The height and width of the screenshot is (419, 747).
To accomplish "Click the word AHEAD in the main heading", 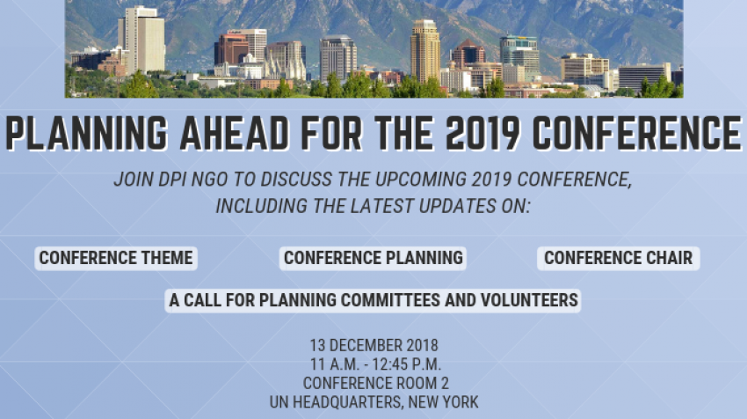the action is click(x=234, y=133).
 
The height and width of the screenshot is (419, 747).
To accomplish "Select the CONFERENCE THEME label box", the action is click(x=116, y=258).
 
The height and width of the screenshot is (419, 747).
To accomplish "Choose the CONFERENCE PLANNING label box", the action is click(x=373, y=258).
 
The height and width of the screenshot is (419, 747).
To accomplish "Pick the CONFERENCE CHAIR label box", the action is click(x=619, y=258).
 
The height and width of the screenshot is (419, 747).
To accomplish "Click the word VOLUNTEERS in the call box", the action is click(x=529, y=300).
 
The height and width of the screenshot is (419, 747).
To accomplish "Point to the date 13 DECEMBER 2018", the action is click(x=374, y=345).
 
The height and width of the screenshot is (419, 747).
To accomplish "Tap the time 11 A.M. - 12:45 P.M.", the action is click(x=375, y=364).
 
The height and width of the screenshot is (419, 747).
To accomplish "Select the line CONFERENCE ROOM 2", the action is click(x=376, y=383).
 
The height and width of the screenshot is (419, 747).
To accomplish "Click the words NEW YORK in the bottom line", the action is click(x=443, y=401).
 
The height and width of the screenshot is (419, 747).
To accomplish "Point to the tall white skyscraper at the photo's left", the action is click(x=142, y=40).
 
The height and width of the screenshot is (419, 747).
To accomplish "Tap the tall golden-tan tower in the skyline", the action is click(x=425, y=51).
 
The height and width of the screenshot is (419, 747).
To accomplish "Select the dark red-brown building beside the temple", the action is click(x=231, y=49).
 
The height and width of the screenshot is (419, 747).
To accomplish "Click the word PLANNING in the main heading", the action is click(x=86, y=133).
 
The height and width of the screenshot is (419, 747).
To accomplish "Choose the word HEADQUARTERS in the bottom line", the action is click(x=348, y=401).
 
